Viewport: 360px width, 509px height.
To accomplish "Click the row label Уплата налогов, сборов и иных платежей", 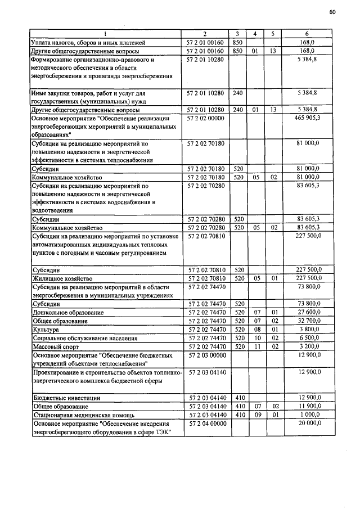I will click(88, 42).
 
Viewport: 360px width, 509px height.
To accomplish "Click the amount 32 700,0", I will click(308, 321).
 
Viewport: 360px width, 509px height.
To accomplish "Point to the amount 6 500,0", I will click(309, 338).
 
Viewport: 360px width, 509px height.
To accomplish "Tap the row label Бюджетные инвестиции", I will click(66, 398).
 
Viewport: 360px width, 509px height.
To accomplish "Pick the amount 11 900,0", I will click(308, 406).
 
